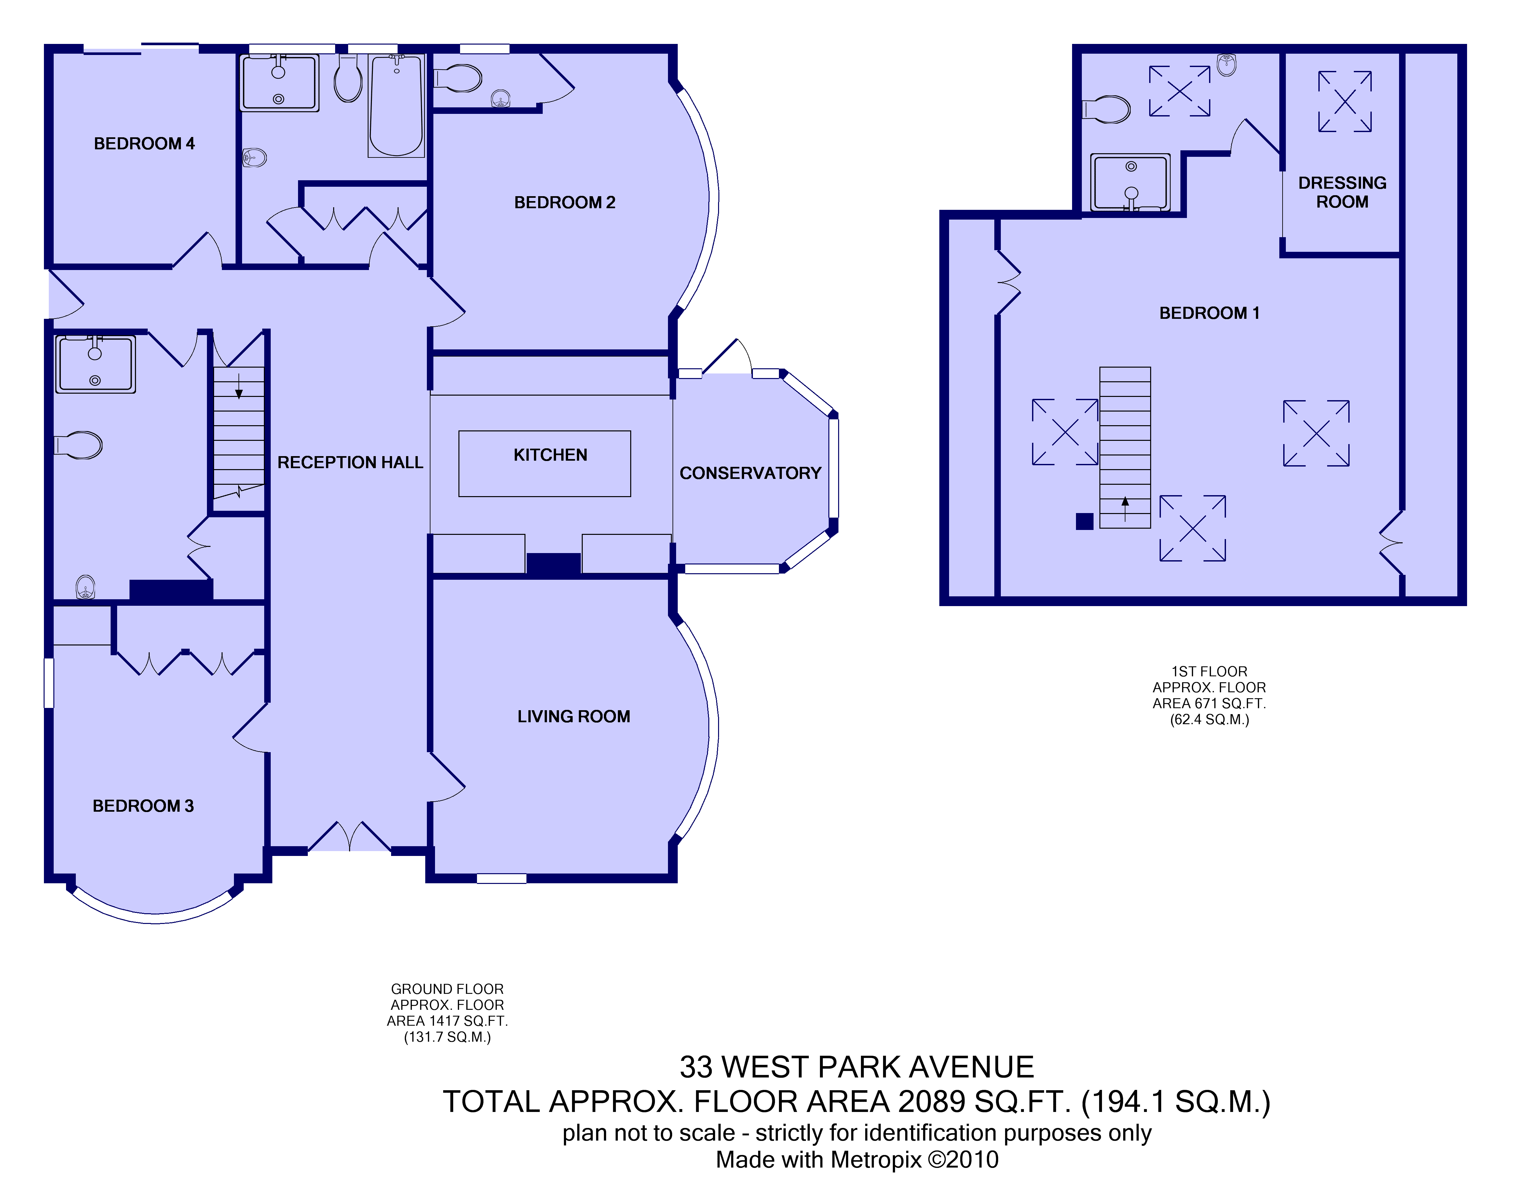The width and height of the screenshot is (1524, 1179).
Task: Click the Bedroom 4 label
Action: (x=144, y=144)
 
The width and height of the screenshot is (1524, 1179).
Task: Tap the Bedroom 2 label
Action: (x=565, y=202)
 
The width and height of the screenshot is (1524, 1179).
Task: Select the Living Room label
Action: (x=574, y=716)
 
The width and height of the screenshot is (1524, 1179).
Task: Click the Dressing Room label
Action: (x=1342, y=192)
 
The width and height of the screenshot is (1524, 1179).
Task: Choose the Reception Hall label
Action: (x=350, y=463)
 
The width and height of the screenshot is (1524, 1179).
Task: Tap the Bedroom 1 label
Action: (x=1209, y=313)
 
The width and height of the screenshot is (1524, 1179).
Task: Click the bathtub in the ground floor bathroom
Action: (x=396, y=105)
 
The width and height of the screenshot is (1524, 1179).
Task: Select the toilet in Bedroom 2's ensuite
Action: (x=458, y=79)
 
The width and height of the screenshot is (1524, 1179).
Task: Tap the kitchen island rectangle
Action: (x=544, y=464)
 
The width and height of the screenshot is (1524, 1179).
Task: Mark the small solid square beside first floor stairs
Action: (x=1084, y=521)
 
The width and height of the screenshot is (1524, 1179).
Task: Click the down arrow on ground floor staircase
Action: (x=238, y=386)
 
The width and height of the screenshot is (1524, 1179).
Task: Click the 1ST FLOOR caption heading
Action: (x=1209, y=672)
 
